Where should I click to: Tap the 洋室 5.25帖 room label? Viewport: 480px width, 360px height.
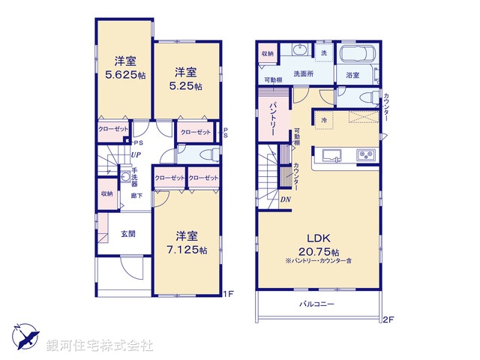187,79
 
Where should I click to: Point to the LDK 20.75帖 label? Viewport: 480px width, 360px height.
317,240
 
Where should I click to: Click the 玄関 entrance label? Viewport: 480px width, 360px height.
127,234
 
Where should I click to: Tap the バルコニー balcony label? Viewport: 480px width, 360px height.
317,304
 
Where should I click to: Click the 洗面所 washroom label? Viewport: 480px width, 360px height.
303,74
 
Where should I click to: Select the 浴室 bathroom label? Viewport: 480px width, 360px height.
352,75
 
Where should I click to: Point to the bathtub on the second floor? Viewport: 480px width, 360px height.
358,55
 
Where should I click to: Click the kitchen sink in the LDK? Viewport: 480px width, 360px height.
332,155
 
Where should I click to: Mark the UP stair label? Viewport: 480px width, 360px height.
136,155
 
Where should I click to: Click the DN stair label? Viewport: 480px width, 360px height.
286,199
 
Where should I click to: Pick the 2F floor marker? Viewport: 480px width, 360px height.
387,319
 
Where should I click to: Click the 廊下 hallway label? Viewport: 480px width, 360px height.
136,195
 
